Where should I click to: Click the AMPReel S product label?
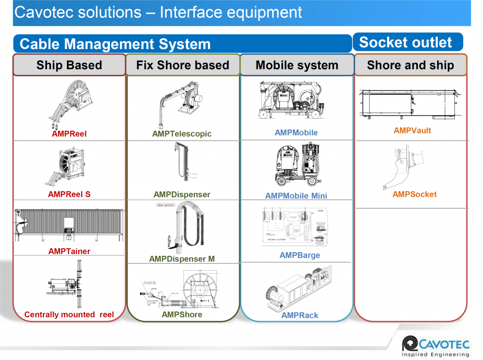point(69,194)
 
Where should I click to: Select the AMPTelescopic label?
point(182,134)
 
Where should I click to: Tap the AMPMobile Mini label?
point(296,196)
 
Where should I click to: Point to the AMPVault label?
point(412,131)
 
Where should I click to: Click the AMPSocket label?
point(415,194)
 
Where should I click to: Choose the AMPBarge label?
point(300,255)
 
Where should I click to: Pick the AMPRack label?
point(300,315)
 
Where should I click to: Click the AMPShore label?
point(182,314)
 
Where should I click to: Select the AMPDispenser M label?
point(182,259)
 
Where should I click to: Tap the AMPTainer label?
point(69,251)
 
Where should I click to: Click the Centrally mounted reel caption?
point(69,314)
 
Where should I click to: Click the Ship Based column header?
point(69,65)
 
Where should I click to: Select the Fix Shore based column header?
point(183,65)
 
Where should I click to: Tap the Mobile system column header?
point(297,65)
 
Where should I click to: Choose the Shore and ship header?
point(410,65)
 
